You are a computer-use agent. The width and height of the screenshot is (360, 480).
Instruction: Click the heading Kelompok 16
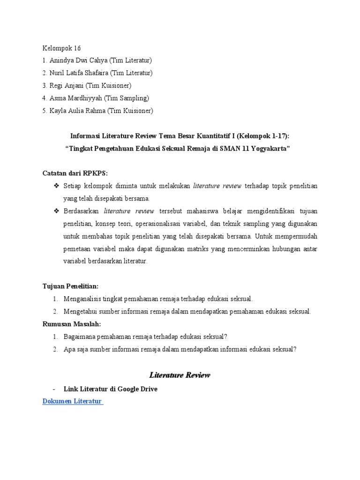pos(62,48)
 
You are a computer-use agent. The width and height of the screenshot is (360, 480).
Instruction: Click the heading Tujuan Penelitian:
pos(71,286)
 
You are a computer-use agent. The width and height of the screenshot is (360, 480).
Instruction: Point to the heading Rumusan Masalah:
pos(72,324)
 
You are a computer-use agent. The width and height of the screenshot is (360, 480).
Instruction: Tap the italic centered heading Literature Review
pos(180,375)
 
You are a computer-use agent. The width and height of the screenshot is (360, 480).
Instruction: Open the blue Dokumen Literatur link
pos(72,402)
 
